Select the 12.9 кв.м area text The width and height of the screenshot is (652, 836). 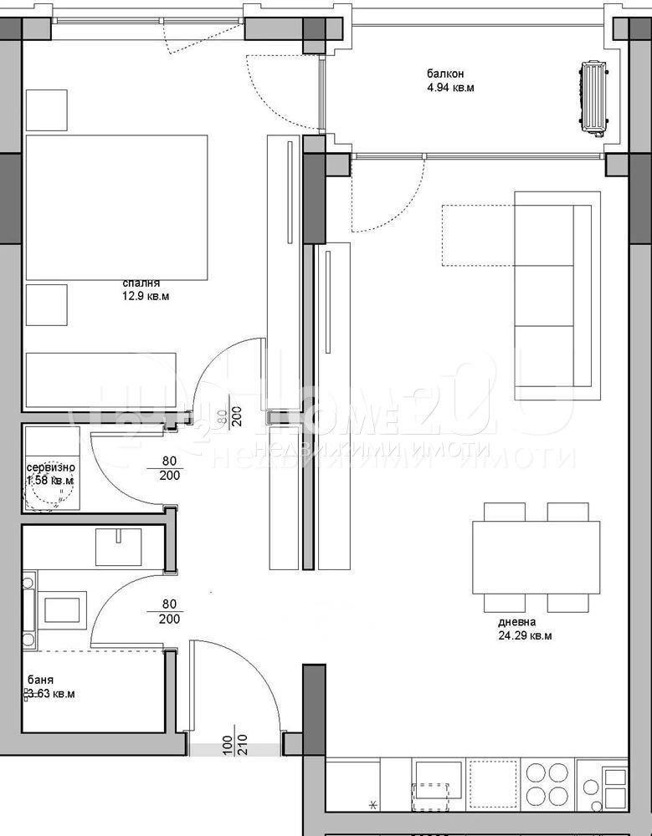click(x=151, y=296)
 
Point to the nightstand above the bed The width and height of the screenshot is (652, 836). click(x=46, y=109)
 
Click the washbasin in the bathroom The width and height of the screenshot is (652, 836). click(x=122, y=547)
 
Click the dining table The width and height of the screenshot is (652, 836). click(x=536, y=557)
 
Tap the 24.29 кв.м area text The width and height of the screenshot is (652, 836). click(x=524, y=635)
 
